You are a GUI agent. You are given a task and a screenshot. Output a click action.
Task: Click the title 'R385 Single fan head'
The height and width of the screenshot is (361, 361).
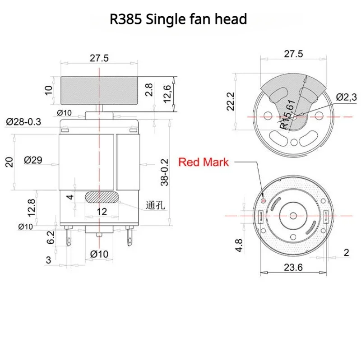click(178, 19)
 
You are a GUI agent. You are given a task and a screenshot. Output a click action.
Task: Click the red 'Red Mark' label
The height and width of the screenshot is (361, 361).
click(204, 162)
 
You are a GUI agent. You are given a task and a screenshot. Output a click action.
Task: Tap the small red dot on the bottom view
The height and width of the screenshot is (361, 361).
click(264, 201)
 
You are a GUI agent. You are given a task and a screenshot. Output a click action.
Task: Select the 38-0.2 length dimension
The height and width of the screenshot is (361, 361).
click(165, 172)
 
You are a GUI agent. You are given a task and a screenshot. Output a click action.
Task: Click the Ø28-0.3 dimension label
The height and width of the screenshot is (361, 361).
click(23, 121)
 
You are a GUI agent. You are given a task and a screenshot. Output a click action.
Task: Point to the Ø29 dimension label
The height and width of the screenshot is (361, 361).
click(33, 160)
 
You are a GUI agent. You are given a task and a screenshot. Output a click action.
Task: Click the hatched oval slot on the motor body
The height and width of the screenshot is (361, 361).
click(102, 197)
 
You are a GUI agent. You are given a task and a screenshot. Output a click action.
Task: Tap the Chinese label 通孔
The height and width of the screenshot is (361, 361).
click(155, 205)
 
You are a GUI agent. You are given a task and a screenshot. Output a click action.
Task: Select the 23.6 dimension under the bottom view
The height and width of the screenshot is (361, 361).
click(293, 267)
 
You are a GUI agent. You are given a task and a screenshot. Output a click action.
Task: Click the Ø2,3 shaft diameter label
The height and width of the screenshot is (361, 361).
click(346, 97)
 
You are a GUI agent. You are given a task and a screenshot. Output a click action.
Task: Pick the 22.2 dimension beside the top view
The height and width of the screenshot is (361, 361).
click(231, 102)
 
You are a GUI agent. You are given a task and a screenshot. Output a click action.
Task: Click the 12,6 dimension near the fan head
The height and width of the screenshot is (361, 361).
click(167, 94)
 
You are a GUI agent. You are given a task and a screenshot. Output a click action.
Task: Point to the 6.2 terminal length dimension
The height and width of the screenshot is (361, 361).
click(51, 237)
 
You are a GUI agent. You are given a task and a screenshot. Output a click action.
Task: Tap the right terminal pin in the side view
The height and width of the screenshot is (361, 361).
click(130, 236)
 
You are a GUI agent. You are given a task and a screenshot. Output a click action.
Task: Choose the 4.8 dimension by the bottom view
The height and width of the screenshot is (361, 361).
click(239, 245)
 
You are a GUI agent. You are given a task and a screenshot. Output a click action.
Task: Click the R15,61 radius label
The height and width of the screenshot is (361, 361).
click(287, 115)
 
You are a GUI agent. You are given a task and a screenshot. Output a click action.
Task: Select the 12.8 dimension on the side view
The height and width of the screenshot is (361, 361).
click(32, 208)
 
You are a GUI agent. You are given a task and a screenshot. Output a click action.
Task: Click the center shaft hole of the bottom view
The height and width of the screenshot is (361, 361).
click(293, 216)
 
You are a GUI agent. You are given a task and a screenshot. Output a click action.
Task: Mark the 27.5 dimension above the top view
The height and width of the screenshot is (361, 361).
click(293, 54)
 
